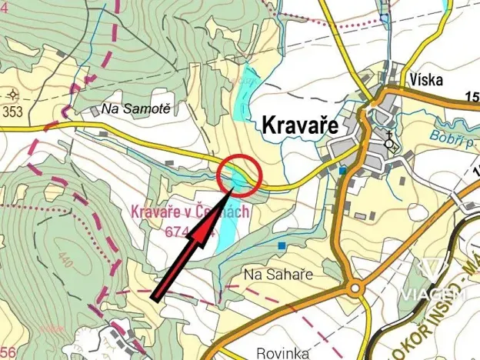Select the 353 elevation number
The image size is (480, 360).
tap(12, 111)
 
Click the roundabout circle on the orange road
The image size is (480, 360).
tap(355, 290)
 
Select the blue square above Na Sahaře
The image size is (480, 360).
tap(283, 246)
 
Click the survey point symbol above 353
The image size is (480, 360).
tap(12, 94)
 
